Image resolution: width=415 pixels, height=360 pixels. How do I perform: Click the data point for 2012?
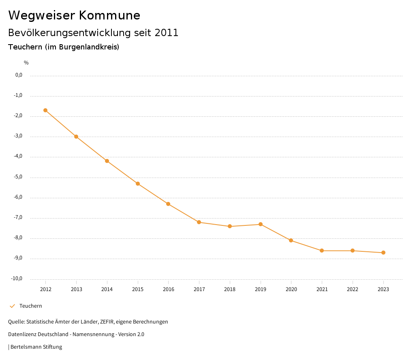(45, 110)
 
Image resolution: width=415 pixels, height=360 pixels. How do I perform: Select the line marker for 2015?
(138, 184)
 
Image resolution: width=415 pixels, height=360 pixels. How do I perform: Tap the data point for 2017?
(199, 222)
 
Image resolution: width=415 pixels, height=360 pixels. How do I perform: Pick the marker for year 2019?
(261, 224)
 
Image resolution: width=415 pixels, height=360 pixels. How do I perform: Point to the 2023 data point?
(383, 253)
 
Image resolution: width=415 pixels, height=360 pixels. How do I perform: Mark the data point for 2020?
(291, 240)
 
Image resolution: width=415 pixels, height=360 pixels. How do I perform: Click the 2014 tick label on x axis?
(107, 289)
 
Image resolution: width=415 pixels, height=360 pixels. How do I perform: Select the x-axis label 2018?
(230, 289)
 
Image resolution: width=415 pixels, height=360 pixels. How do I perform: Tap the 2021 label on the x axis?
(322, 289)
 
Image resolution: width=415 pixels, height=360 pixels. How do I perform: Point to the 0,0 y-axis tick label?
(19, 75)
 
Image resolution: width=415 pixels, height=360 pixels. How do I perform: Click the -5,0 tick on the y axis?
(19, 177)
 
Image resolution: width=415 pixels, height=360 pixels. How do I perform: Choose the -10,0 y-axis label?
(17, 279)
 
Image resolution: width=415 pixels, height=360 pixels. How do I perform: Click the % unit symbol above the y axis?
(26, 63)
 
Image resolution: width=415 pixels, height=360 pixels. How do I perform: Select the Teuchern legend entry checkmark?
(12, 306)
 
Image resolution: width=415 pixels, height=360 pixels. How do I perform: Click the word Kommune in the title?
(109, 15)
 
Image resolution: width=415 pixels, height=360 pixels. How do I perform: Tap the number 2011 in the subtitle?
(167, 33)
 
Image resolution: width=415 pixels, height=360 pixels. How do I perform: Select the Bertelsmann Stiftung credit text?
(36, 347)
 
